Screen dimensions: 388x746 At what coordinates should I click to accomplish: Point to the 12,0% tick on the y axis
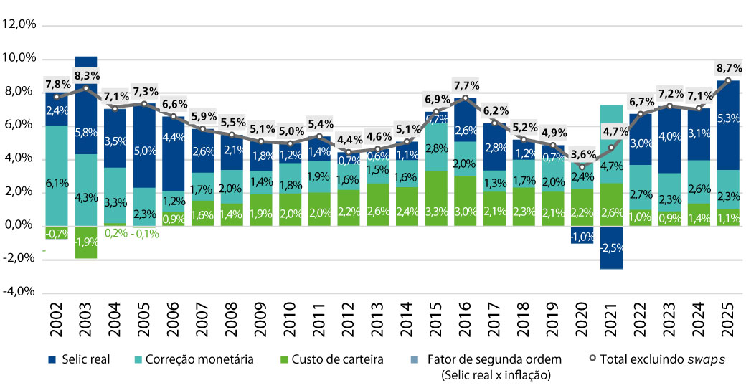tap(20, 24)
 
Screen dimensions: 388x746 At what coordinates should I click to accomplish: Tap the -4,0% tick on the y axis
tap(20, 292)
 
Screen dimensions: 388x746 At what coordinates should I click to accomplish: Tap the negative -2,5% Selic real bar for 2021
tap(611, 247)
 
